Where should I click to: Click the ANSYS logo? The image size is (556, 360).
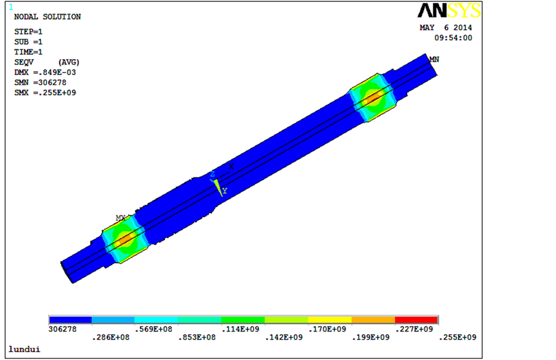pos(449,10)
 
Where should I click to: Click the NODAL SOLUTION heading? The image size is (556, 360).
pos(47,17)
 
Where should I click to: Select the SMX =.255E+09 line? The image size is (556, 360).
pos(45,93)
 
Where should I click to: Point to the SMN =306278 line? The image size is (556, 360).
pos(41,82)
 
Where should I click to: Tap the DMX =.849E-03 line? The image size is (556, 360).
pos(45,72)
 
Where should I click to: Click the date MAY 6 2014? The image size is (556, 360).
pos(446,28)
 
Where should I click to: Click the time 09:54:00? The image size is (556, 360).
pos(453,38)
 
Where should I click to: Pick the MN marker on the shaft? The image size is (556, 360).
pos(434,59)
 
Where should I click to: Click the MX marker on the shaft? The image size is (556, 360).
pos(121,218)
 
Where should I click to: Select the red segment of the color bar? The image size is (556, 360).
pos(416,320)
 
